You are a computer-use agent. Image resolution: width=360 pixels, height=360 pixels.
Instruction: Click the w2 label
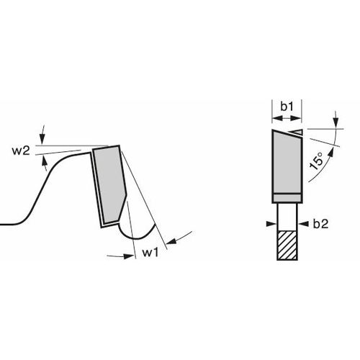(21, 151)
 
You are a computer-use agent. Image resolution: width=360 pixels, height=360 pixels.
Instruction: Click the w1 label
(150, 253)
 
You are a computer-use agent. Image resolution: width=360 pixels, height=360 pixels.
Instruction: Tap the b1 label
(287, 107)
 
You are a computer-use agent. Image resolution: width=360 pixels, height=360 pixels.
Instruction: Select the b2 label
(320, 224)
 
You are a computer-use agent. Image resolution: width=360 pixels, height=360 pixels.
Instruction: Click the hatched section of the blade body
(287, 246)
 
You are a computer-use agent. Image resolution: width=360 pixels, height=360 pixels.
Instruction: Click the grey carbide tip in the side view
(110, 186)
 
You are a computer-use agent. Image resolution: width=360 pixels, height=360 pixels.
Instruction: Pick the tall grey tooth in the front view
(287, 161)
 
